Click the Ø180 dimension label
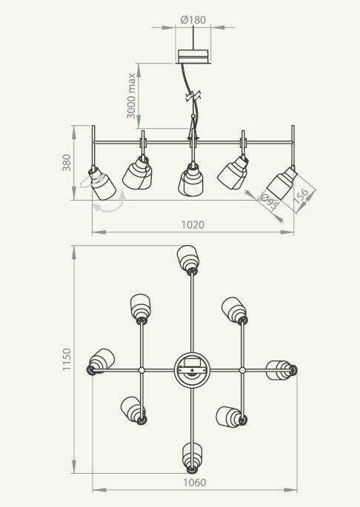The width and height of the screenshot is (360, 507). [x=193, y=20]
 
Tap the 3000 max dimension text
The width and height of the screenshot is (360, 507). [x=131, y=95]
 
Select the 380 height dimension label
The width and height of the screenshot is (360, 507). [x=67, y=163]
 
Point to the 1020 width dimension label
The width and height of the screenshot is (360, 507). [x=193, y=224]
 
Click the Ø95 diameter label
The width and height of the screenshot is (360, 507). [x=269, y=201]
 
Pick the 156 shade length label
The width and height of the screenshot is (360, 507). [x=301, y=196]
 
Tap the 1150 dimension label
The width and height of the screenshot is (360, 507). [x=67, y=359]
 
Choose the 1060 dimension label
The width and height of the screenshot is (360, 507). [x=195, y=483]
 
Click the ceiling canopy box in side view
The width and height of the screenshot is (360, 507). [x=193, y=56]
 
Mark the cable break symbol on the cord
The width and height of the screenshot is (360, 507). [x=193, y=96]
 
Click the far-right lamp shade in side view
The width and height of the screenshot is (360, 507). [x=281, y=183]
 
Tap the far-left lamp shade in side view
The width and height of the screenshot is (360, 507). [x=102, y=184]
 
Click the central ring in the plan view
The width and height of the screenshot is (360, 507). [x=192, y=370]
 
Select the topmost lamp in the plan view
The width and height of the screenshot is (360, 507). [x=188, y=260]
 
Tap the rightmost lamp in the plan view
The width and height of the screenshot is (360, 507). [x=281, y=370]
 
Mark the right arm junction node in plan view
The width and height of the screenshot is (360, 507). [x=242, y=370]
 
